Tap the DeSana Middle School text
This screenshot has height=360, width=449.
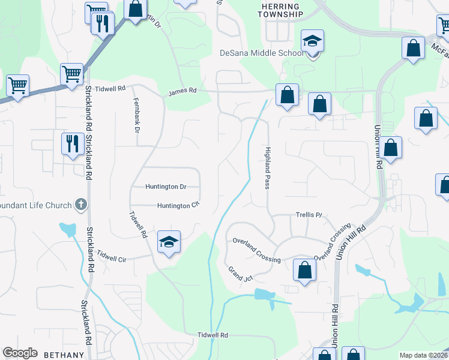coord(262,53)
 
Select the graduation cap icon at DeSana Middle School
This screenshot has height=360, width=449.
coord(312,41)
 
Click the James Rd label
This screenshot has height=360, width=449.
coord(182,92)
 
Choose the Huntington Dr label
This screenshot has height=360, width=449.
coord(166,187)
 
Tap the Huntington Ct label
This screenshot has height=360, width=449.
coord(178,206)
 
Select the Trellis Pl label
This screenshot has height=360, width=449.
coord(309,214)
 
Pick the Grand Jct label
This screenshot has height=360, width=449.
coord(240,274)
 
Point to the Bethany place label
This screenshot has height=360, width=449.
coord(64,355)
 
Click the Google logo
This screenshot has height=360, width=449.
coord(20,353)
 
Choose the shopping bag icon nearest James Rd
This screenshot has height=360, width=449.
coord(288,94)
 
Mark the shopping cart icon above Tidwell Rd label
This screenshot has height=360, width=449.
coord(71,74)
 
